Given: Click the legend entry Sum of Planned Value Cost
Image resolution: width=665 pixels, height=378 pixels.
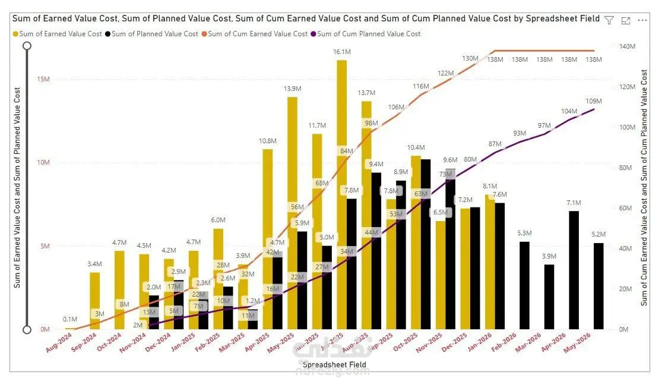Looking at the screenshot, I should tap(154, 34).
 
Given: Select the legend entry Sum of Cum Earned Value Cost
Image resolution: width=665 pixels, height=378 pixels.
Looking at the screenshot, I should tap(258, 34).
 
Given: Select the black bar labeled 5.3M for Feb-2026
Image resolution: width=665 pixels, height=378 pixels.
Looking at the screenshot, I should tap(524, 285).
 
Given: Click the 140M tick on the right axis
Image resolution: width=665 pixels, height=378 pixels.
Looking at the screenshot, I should tap(628, 46).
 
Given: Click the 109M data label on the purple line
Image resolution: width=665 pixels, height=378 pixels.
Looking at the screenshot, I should tap(594, 101).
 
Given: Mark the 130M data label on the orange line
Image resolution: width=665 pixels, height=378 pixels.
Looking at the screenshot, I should tap(470, 58).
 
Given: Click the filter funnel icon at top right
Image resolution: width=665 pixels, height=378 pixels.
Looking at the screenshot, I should tap(609, 20).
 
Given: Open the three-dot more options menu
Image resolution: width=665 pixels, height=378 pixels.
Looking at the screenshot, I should tap(642, 20).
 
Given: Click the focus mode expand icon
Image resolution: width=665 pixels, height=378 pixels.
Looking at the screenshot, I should tap(625, 20).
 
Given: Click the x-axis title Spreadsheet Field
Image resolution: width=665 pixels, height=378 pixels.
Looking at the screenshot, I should tap(334, 364).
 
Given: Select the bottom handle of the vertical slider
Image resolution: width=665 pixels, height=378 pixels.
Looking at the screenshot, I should tap(27, 330).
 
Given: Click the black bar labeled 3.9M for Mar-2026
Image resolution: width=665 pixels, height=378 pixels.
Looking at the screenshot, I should tap(549, 297).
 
